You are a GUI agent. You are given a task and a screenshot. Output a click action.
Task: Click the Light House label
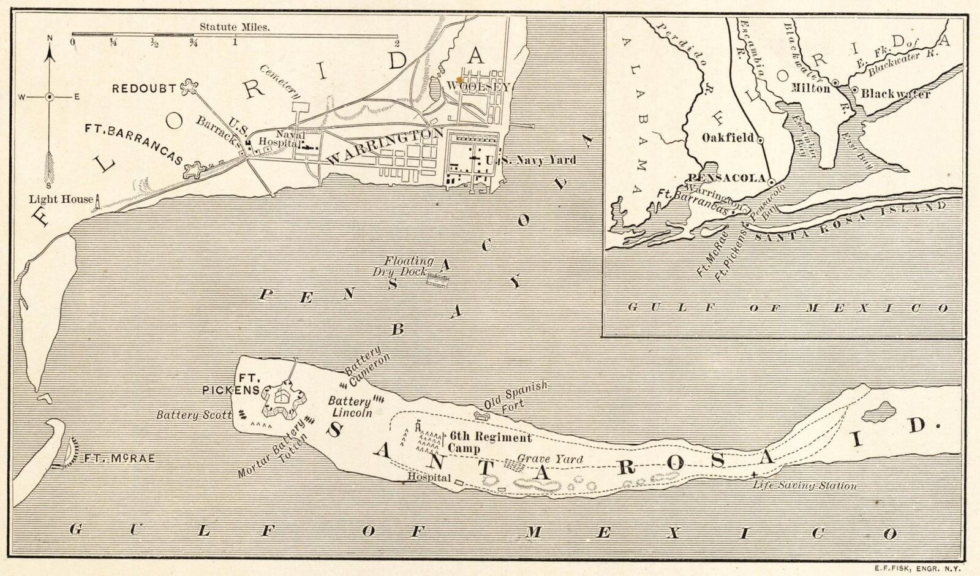coord(61,199)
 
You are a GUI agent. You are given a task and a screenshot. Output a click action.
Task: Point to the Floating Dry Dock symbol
coord(439,279)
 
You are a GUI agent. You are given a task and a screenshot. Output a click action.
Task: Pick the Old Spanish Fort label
coord(514,396)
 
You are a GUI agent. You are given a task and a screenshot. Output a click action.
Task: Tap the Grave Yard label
coord(549,458)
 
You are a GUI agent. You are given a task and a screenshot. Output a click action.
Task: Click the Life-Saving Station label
coord(805,486)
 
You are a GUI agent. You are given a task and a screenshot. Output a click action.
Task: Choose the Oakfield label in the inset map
coord(727,138)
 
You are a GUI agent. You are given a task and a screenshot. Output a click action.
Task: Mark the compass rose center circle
coord(50,97)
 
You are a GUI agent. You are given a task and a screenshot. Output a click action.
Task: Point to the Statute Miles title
coord(235,27)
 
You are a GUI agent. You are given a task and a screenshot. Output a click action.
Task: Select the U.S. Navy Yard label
coord(530,160)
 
